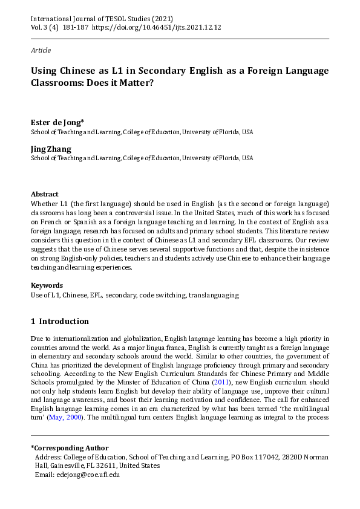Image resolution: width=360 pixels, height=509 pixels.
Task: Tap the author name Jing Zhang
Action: coord(51,149)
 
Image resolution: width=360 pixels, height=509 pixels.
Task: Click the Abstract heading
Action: coord(45,194)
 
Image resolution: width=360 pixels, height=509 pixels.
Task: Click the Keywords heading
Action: coord(47,285)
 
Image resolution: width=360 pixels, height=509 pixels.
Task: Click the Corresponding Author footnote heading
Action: coord(70,448)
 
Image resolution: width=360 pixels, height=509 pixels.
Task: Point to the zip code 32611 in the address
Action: coord(111,466)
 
